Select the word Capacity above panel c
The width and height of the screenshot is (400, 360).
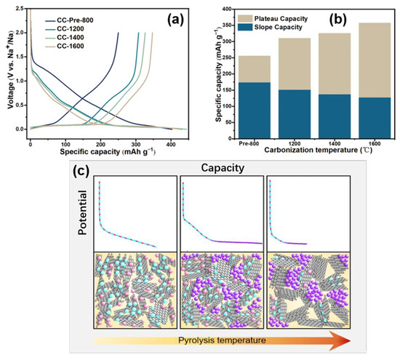coord(219,167)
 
